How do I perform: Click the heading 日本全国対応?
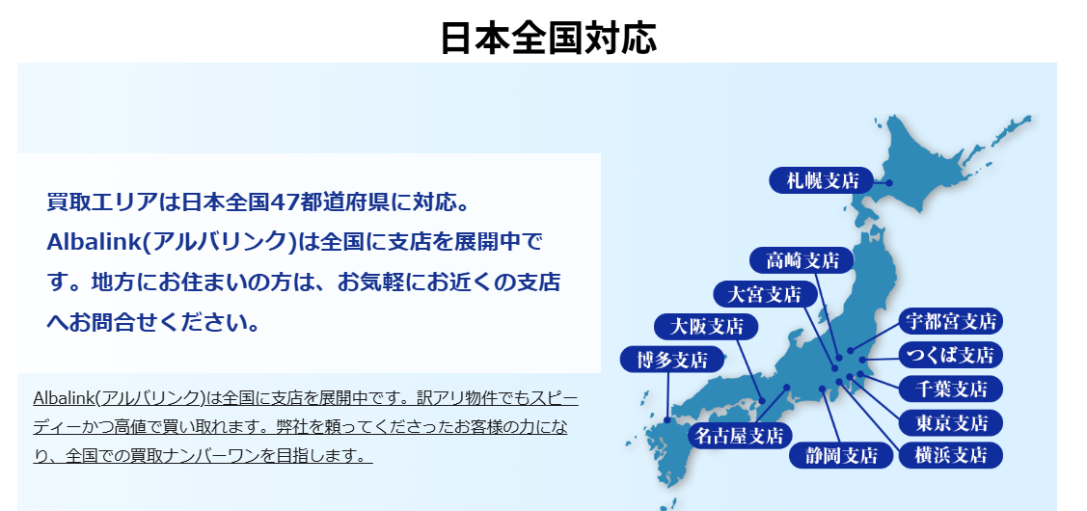coord(548,38)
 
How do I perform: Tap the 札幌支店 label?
coord(822,180)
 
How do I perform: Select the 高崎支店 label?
coord(802,260)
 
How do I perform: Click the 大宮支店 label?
coord(765,294)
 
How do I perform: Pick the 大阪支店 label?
coord(706,325)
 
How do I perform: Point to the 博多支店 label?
coord(671,360)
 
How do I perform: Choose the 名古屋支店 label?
coord(740,436)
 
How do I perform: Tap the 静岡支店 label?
coord(841,455)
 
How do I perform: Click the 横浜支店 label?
coord(950,455)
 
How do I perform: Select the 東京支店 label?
coord(950,421)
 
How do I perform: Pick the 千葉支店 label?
coord(950,389)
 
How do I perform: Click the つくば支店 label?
coord(950,354)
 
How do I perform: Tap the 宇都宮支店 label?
coord(950,320)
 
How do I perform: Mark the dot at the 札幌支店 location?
coord(889,183)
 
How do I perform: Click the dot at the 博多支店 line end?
coord(666,419)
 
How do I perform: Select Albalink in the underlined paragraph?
coord(63,398)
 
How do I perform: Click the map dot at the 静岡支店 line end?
coord(822,389)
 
